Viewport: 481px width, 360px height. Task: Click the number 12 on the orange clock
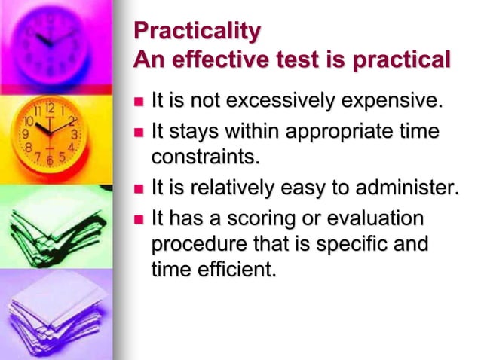pos(49,108)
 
